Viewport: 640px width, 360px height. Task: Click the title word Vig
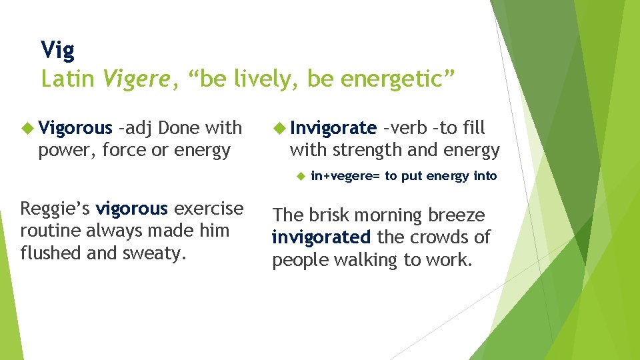pos(57,50)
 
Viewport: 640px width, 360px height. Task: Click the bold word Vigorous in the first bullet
pos(75,128)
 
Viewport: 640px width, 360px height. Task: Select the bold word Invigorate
pos(333,128)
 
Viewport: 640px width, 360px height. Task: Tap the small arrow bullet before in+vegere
pos(300,176)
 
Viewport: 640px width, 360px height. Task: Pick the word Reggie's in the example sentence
pos(55,209)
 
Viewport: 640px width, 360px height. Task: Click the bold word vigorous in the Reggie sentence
pos(132,209)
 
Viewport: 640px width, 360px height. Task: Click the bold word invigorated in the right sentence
pos(321,237)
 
